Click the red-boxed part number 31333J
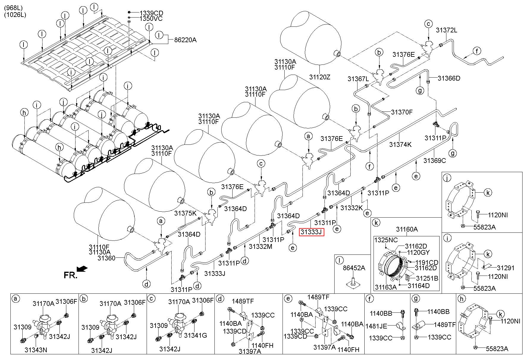(311, 232)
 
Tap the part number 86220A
(185, 40)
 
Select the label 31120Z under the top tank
(320, 77)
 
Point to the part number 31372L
(446, 30)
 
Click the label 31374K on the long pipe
(401, 144)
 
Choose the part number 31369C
(435, 161)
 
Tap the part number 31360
(106, 258)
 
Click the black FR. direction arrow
(82, 269)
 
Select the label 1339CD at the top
(151, 13)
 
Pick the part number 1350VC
(151, 19)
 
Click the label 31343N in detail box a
(36, 350)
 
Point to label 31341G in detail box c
(195, 335)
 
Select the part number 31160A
(407, 229)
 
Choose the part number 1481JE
(376, 326)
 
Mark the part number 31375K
(186, 213)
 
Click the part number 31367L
(358, 79)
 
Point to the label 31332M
(261, 246)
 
